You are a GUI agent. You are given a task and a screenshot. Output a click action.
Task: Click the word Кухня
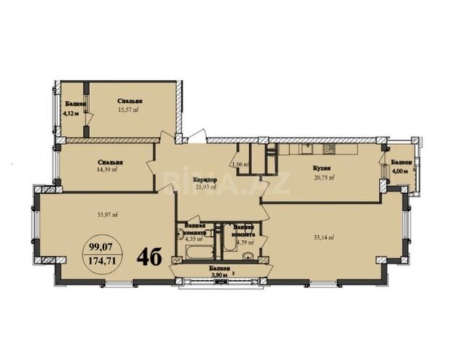tap(323, 168)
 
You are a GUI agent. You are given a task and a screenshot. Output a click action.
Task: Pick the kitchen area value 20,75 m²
tap(323, 176)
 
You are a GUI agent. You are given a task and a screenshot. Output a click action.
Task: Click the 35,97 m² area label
tap(107, 215)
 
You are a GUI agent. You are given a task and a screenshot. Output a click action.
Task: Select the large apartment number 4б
tap(151, 256)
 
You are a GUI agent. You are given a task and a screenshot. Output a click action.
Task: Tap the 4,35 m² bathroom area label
tap(192, 238)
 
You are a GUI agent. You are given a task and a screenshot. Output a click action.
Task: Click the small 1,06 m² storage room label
tap(242, 165)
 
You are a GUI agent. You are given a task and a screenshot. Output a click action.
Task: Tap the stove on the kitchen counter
tap(328, 150)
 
